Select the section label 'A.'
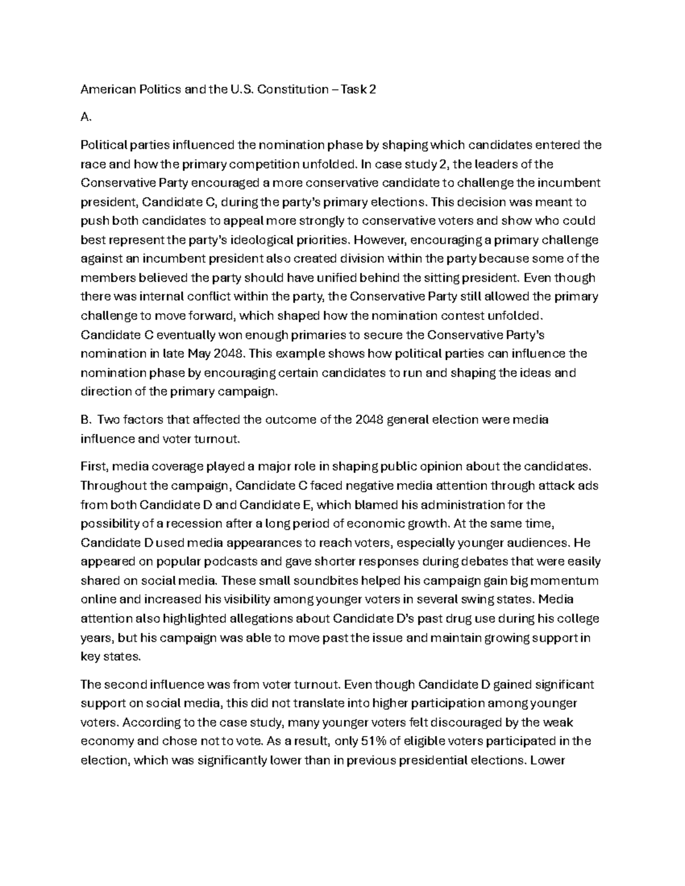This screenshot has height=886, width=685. pyautogui.click(x=86, y=118)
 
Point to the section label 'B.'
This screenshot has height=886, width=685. pyautogui.click(x=86, y=420)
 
